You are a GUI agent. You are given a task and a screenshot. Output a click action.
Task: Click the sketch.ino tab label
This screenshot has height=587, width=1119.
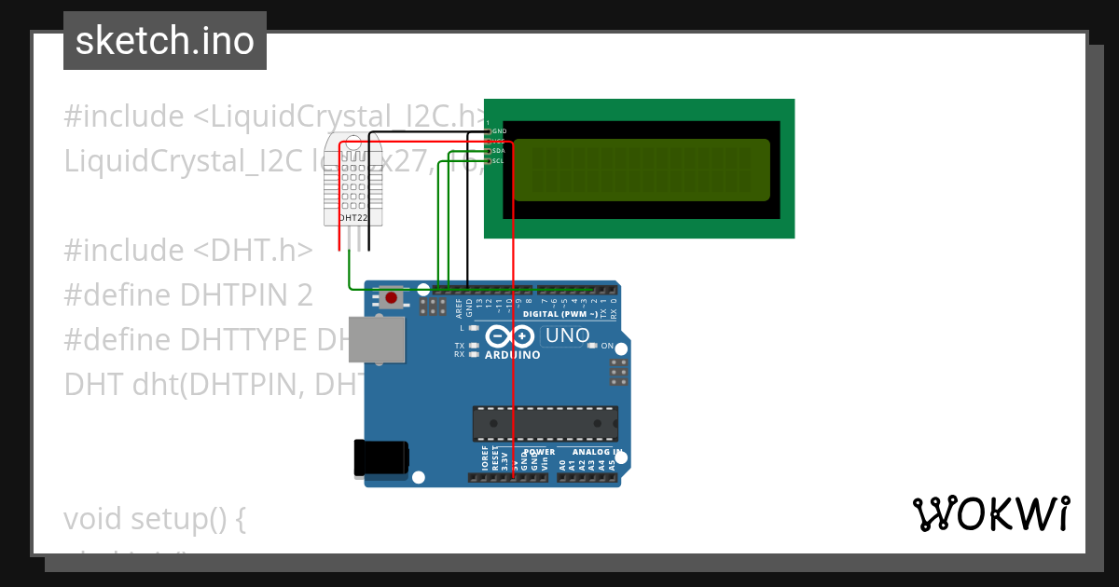click(165, 41)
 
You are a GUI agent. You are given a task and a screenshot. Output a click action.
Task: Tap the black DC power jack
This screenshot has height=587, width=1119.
click(380, 458)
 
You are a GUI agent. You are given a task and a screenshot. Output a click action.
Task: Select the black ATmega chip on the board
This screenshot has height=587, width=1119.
click(545, 422)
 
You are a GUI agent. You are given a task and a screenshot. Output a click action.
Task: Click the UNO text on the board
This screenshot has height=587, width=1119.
click(567, 335)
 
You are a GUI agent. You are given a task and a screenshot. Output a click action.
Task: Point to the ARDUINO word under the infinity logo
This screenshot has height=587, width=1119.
click(512, 355)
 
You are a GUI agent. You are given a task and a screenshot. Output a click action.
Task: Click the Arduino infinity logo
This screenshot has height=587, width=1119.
click(511, 336)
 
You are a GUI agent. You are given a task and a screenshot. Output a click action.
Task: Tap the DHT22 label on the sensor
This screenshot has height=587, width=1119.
click(352, 218)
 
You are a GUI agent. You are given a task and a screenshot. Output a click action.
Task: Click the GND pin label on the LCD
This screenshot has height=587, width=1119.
click(499, 131)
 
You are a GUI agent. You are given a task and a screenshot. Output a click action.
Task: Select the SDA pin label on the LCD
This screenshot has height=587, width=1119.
click(498, 151)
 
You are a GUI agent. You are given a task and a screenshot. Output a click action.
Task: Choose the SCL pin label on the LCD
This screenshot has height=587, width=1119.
click(498, 160)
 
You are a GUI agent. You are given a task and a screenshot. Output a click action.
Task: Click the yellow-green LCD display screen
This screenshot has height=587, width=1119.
click(642, 170)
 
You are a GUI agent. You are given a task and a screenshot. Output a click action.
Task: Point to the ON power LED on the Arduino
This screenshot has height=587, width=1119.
click(607, 346)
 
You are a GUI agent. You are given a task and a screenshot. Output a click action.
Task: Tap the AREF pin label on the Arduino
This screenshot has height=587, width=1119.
click(459, 307)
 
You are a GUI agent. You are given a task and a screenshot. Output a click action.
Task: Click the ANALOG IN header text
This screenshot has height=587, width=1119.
click(597, 452)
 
